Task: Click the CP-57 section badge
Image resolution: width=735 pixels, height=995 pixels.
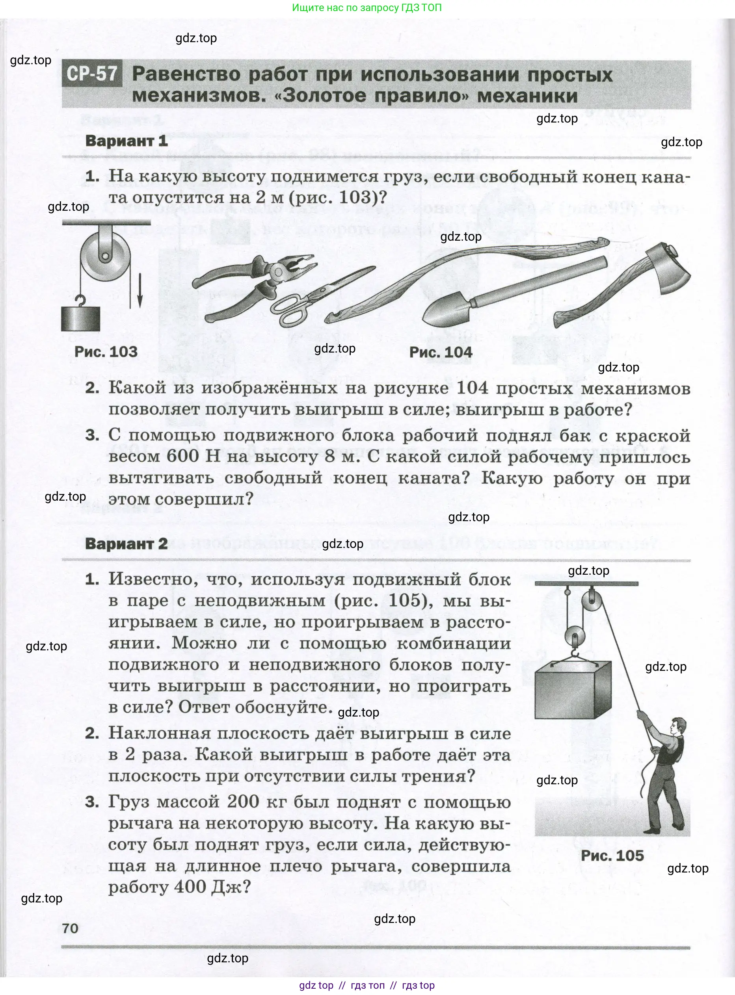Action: coord(92,74)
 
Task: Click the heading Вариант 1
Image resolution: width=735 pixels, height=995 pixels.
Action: coord(127,141)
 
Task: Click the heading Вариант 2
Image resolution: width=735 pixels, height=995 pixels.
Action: coord(127,543)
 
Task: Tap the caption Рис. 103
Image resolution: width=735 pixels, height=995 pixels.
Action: coord(106,352)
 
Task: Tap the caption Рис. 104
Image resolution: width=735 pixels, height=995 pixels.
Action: coord(441,352)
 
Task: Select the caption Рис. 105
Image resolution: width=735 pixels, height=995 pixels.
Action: coord(612,856)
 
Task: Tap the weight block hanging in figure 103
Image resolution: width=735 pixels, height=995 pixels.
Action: coord(80,319)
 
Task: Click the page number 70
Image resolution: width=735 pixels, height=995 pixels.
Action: coord(70,928)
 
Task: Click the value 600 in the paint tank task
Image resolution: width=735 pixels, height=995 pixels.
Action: coord(182,456)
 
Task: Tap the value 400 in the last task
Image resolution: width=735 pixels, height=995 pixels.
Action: coord(190,887)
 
